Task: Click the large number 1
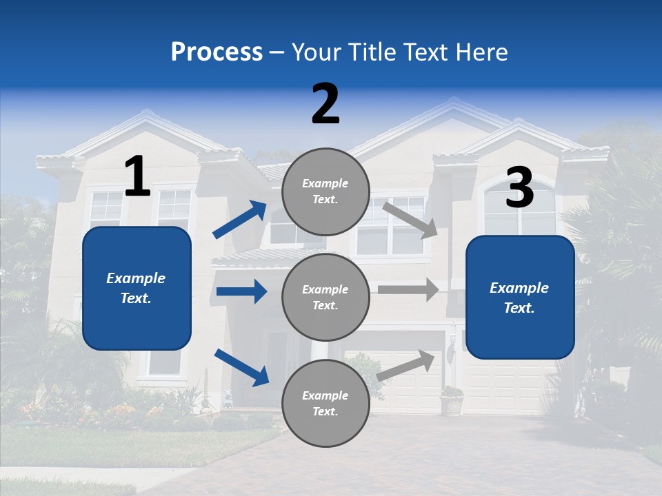click(137, 176)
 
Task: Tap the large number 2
click(325, 104)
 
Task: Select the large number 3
click(519, 188)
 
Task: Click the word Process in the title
click(217, 52)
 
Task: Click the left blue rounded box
click(137, 288)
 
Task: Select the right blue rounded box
click(520, 297)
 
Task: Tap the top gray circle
click(325, 192)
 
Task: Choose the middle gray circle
click(325, 297)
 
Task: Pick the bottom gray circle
click(325, 403)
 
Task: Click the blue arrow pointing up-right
click(240, 220)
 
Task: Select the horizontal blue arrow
click(241, 291)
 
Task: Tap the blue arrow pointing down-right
click(241, 366)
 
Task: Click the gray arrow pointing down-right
click(410, 219)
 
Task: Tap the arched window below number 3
click(519, 210)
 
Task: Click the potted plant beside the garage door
click(452, 400)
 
